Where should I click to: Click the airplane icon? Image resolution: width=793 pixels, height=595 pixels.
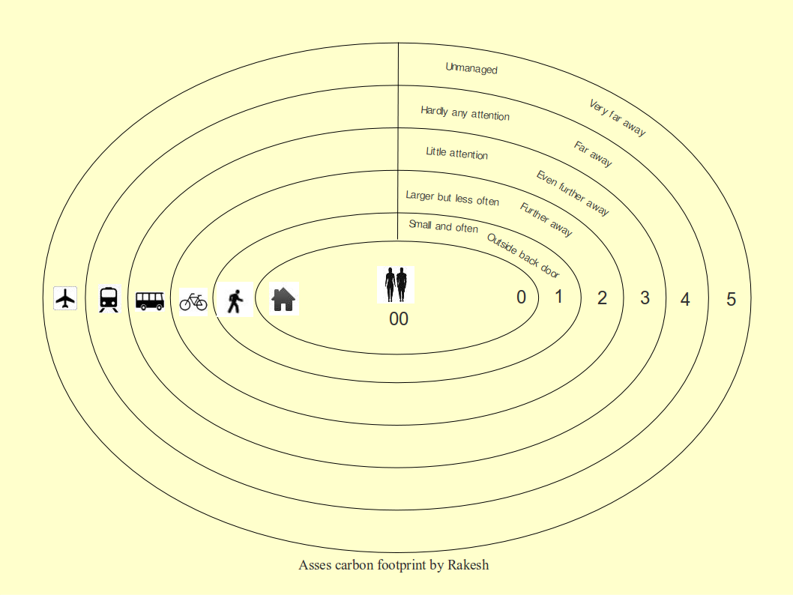pos(66,298)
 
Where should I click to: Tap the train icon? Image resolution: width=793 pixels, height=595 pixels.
pos(109,299)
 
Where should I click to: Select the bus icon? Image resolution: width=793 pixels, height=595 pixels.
pos(150,300)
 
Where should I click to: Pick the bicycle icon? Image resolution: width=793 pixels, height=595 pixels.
pos(193,301)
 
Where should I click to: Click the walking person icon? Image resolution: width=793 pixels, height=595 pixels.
pos(235,300)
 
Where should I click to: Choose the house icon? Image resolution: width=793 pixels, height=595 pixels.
pos(284,299)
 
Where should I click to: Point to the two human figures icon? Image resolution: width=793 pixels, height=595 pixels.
pos(396,285)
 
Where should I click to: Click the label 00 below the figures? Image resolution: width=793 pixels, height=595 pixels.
pos(399,319)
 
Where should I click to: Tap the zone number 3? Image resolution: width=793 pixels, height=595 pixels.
pos(645,298)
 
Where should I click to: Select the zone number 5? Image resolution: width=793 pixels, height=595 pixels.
pos(731,300)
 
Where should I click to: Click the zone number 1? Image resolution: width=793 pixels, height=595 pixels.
pos(558,297)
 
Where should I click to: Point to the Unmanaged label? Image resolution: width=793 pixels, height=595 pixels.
pos(471,68)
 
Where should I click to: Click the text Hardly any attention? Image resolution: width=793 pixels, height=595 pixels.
pos(465,113)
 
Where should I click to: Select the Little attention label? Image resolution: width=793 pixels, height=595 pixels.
pos(456,153)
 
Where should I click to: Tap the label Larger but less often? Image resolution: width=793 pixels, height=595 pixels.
pos(452,198)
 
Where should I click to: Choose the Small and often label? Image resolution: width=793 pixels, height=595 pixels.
pos(443,226)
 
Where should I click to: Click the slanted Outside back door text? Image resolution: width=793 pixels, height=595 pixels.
pos(524,256)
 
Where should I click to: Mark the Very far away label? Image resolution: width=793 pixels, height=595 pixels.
pos(617,118)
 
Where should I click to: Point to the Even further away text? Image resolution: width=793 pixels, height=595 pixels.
pos(573,193)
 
